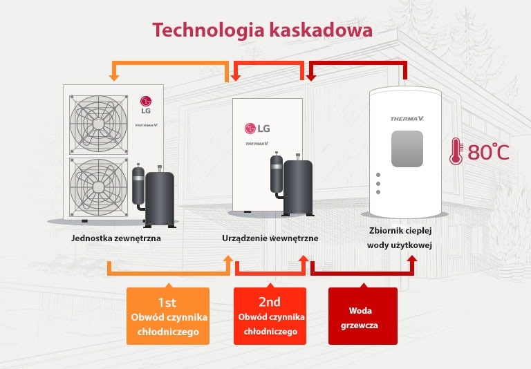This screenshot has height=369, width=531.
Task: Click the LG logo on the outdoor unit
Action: [x=147, y=104]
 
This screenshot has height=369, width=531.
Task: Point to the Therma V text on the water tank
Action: [x=407, y=119]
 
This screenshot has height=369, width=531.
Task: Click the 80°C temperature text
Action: [x=488, y=152]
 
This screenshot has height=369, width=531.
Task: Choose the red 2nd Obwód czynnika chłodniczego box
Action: [x=270, y=316]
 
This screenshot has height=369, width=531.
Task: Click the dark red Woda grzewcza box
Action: [x=363, y=316]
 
